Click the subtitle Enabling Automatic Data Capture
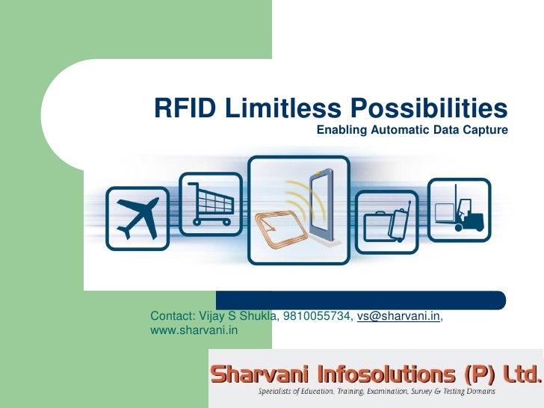click(412, 130)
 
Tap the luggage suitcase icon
click(386, 221)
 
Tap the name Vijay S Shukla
click(238, 317)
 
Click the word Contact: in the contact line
click(173, 317)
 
